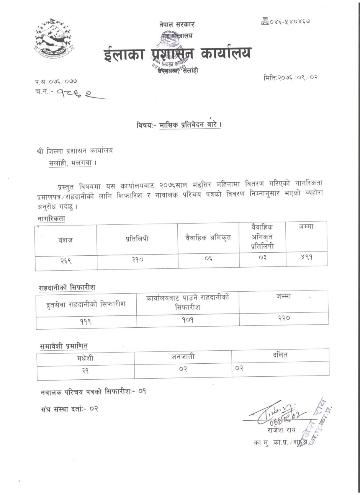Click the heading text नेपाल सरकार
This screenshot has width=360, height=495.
(x=177, y=25)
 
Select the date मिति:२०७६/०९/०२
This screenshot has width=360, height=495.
(x=291, y=77)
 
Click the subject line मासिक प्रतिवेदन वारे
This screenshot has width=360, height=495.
(x=179, y=125)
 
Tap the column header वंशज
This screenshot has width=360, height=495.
(x=65, y=240)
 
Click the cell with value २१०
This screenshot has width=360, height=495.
(x=137, y=260)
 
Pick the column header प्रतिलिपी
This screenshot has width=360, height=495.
(x=137, y=239)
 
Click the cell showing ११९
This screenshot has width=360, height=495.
(x=86, y=322)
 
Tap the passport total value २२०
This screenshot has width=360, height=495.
(x=284, y=318)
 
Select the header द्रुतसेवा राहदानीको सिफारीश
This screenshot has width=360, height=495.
(x=86, y=304)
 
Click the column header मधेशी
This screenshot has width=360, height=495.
(x=85, y=358)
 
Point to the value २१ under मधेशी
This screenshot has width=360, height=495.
(x=85, y=371)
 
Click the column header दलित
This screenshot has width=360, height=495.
(x=280, y=355)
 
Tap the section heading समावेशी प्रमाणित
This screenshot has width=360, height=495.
(x=64, y=346)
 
